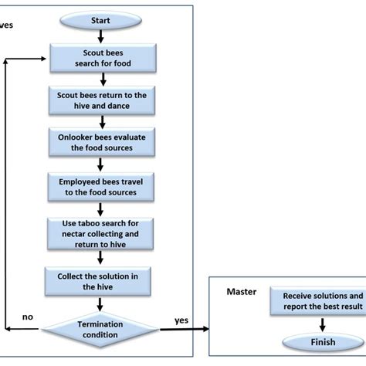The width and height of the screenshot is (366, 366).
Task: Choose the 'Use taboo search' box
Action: click(x=100, y=233)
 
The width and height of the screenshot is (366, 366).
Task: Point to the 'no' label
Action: click(x=26, y=317)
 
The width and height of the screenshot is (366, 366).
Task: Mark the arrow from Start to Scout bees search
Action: click(x=101, y=37)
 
